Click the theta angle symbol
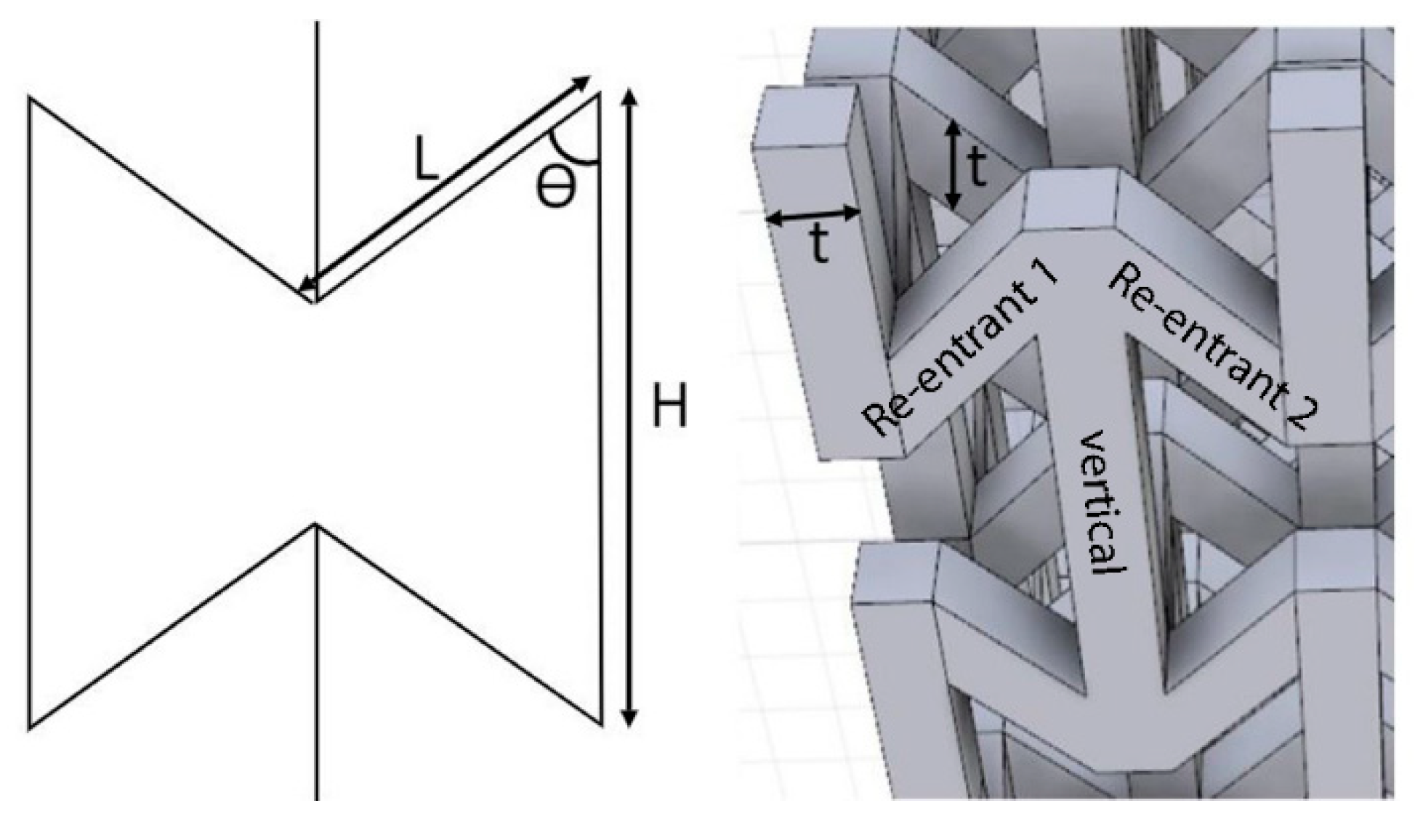[556, 187]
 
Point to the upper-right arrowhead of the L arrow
[582, 81]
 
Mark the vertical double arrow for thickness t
[953, 165]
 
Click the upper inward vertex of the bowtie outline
[315, 301]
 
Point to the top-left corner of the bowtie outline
[30, 97]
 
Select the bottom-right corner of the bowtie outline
[602, 725]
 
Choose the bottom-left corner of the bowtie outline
[29, 727]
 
